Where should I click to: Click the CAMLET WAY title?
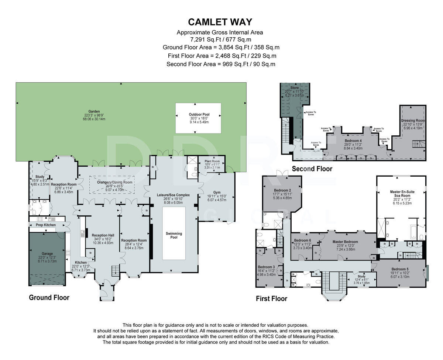(x=220, y=22)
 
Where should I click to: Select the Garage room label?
(x=47, y=253)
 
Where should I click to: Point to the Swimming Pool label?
(x=174, y=235)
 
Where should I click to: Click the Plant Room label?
(x=212, y=161)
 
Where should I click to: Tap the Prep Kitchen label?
(x=46, y=225)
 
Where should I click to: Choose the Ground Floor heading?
(x=49, y=297)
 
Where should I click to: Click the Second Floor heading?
(x=312, y=169)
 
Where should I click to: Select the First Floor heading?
(x=271, y=298)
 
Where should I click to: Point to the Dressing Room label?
(x=413, y=121)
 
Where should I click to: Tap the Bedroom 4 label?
(x=353, y=141)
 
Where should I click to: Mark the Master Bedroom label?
(x=345, y=242)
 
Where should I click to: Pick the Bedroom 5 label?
(x=400, y=269)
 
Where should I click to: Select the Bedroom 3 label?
(x=266, y=267)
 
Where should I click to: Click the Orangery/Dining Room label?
(x=112, y=182)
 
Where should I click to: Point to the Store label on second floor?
(x=294, y=88)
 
